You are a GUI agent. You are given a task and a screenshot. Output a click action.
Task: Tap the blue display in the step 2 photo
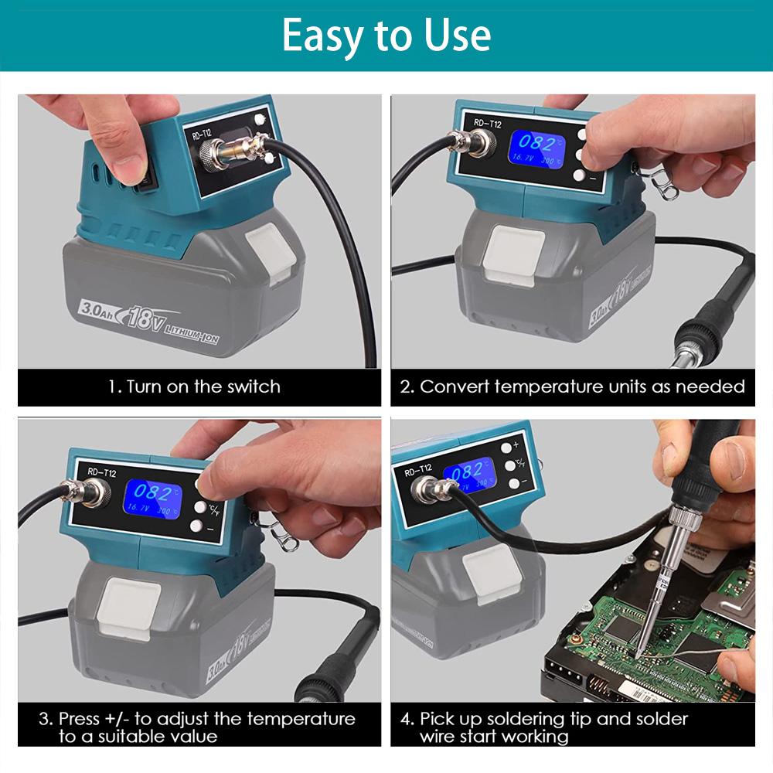click(535, 148)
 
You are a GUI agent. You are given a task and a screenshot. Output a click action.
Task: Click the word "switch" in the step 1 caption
click(254, 386)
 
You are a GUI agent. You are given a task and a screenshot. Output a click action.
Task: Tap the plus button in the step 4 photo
click(508, 447)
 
